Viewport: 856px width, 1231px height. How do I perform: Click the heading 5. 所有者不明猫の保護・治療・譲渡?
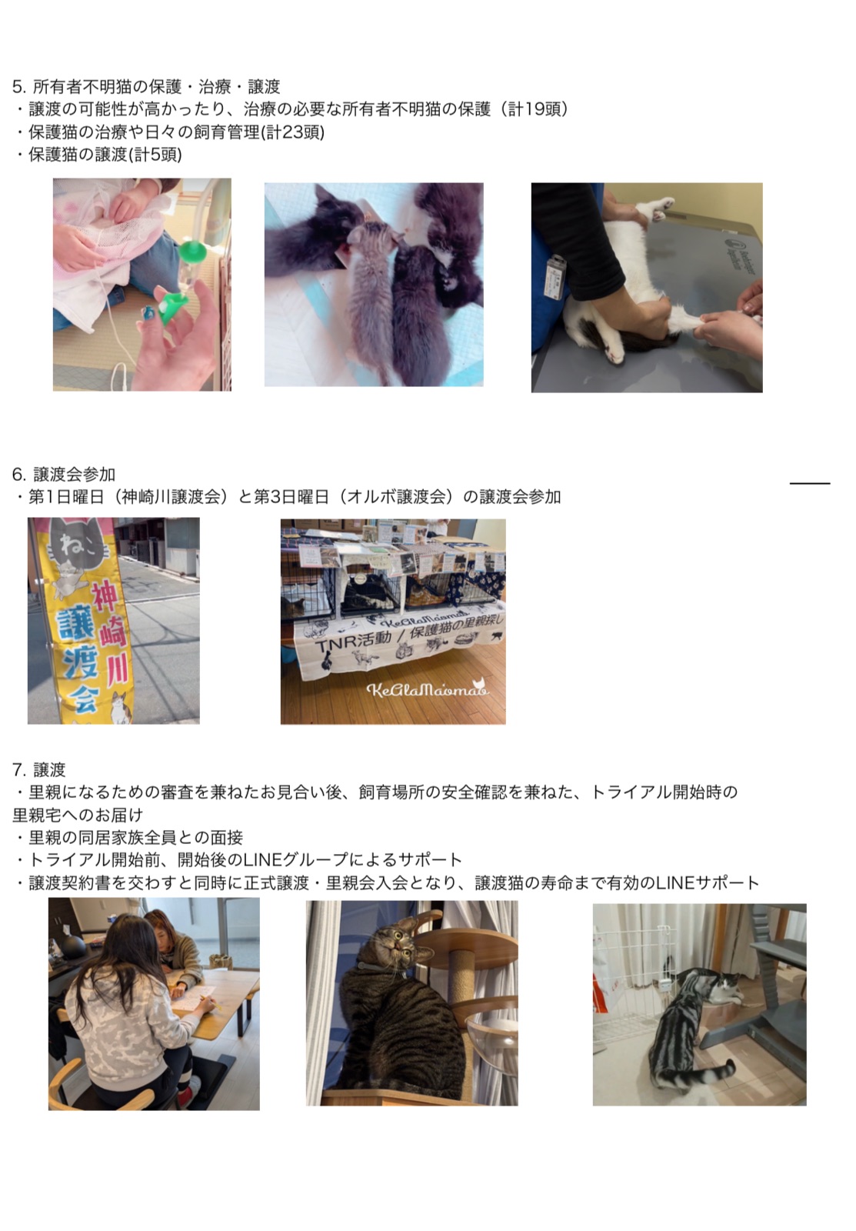[x=146, y=86]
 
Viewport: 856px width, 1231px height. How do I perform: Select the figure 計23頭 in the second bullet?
[x=292, y=132]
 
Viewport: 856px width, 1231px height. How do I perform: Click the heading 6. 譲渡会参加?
[x=64, y=474]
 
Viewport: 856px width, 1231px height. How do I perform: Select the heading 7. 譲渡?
[x=39, y=769]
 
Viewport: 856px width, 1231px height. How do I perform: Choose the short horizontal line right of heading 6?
[x=810, y=483]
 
